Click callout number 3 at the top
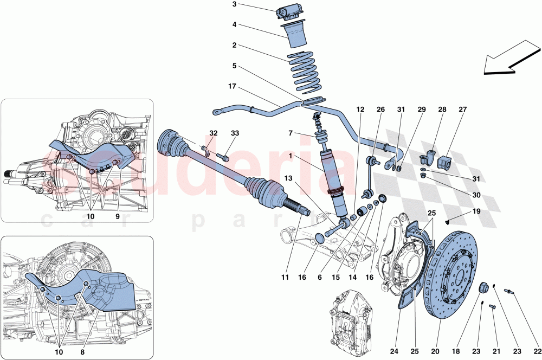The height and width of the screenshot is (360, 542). pyautogui.click(x=235, y=5)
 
